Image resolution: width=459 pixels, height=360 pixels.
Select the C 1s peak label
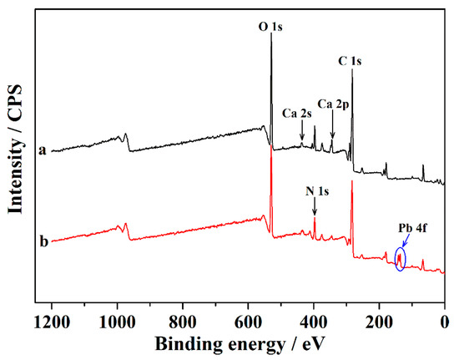[x=352, y=59]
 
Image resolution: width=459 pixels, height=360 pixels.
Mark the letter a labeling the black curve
[x=40, y=150]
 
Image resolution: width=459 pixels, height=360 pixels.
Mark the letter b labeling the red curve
[x=40, y=242]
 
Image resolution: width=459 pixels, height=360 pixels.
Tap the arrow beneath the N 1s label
[x=315, y=208]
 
